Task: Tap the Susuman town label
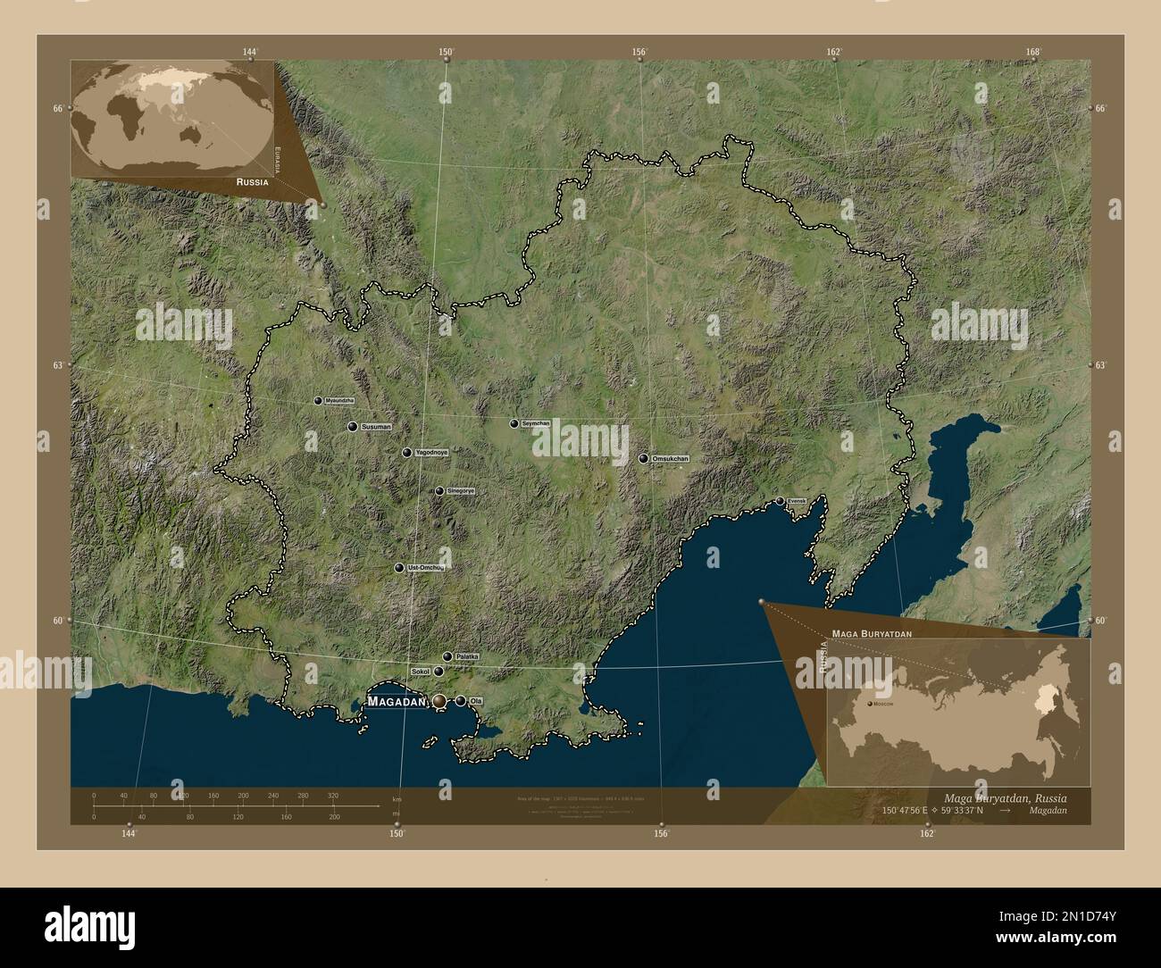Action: (376, 428)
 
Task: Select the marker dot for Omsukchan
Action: (643, 458)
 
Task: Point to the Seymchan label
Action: (535, 423)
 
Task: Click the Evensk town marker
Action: (780, 501)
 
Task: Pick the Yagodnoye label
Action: (431, 454)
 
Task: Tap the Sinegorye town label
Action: (461, 491)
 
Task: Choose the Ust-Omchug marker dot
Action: (399, 568)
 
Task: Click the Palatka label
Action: (467, 657)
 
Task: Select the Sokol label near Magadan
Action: (421, 671)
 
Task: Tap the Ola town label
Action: (475, 701)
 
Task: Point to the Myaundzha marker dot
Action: (318, 401)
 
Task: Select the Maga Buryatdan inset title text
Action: (871, 632)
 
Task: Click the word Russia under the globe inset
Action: (249, 181)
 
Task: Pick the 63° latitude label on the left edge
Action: (59, 365)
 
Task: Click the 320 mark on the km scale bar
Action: (332, 795)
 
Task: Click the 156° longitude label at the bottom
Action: (661, 834)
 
